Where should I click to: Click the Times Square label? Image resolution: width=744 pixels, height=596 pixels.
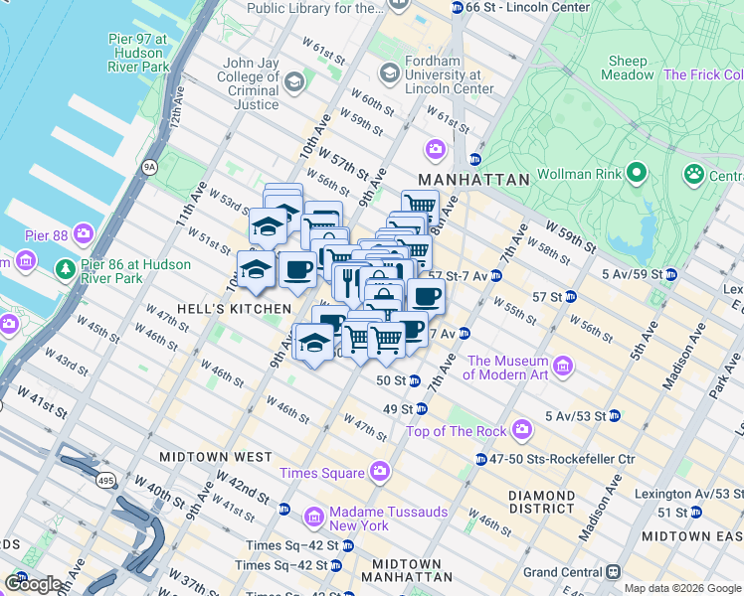[320, 473]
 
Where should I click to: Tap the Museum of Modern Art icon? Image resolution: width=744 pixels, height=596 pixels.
[563, 367]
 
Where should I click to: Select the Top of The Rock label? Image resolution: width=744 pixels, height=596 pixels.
[458, 431]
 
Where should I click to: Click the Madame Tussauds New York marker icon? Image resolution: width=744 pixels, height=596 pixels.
[314, 517]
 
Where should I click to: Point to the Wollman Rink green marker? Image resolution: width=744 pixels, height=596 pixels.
[638, 175]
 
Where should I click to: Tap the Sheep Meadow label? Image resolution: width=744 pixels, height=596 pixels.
[628, 68]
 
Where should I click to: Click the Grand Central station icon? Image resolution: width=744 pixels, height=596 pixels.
[614, 572]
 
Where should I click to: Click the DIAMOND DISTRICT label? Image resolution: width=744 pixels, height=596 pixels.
[541, 502]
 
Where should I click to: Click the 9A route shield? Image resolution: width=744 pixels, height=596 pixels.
[150, 167]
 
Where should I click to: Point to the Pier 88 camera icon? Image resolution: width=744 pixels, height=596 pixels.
[84, 235]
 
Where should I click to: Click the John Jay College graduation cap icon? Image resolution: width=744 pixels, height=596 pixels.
[293, 81]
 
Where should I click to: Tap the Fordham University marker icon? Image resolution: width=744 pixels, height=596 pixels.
[389, 72]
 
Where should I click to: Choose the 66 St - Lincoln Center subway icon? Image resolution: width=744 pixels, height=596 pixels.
[457, 8]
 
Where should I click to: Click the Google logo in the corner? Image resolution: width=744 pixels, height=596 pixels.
[32, 583]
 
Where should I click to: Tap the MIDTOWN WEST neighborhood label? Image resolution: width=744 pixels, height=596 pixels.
[216, 457]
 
